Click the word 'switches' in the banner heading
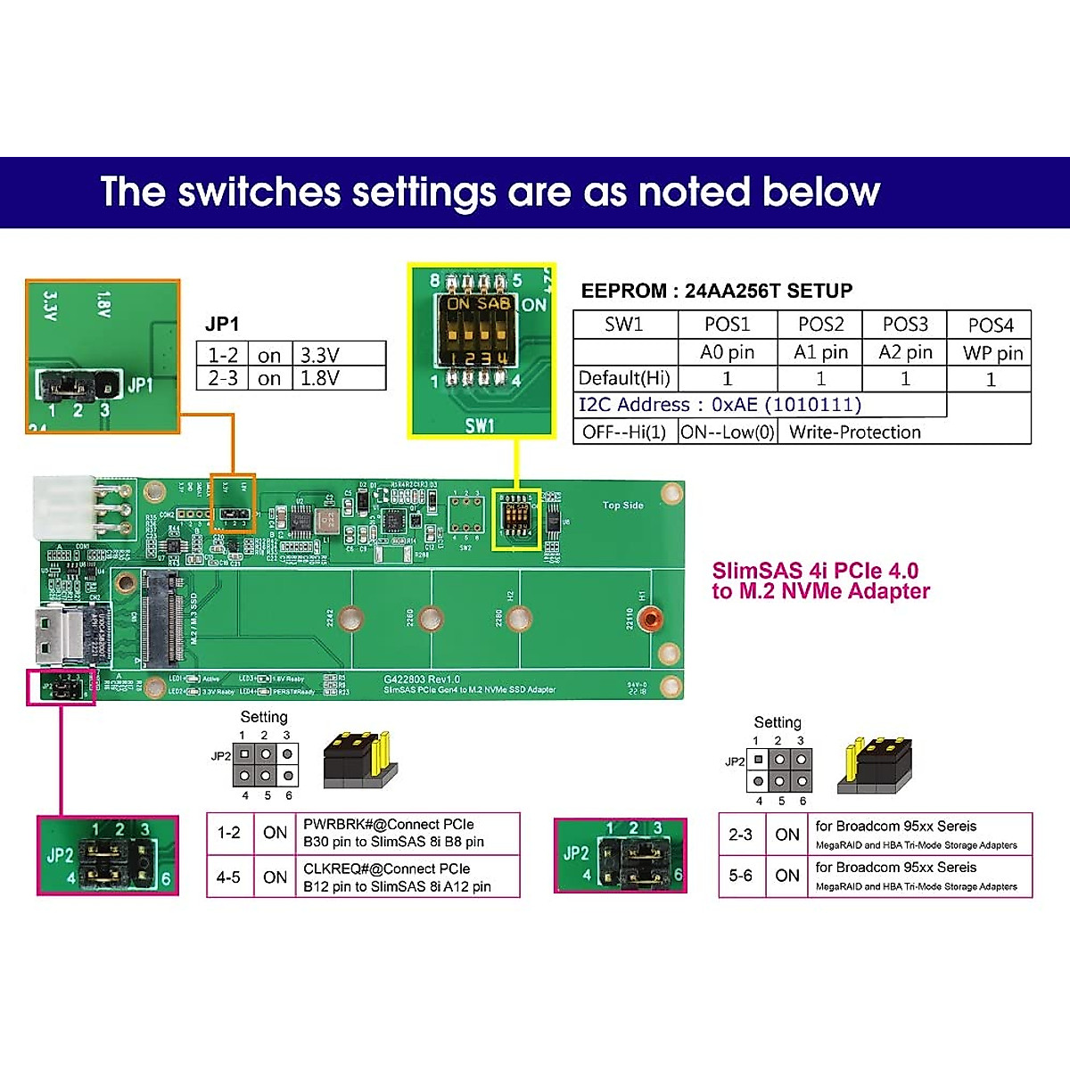coord(259,193)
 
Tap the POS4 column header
coord(991,325)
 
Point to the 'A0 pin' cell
coord(727,352)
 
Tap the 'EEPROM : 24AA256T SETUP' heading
coord(716,291)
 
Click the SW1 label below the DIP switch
coord(480,425)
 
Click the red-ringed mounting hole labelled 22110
coord(652,618)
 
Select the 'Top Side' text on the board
coord(622,506)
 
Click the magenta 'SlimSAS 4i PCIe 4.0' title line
coord(815,571)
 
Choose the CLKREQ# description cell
coord(397,877)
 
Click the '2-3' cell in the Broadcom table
coord(741,835)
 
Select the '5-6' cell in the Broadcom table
coord(741,876)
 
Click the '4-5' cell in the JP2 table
coord(228,877)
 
